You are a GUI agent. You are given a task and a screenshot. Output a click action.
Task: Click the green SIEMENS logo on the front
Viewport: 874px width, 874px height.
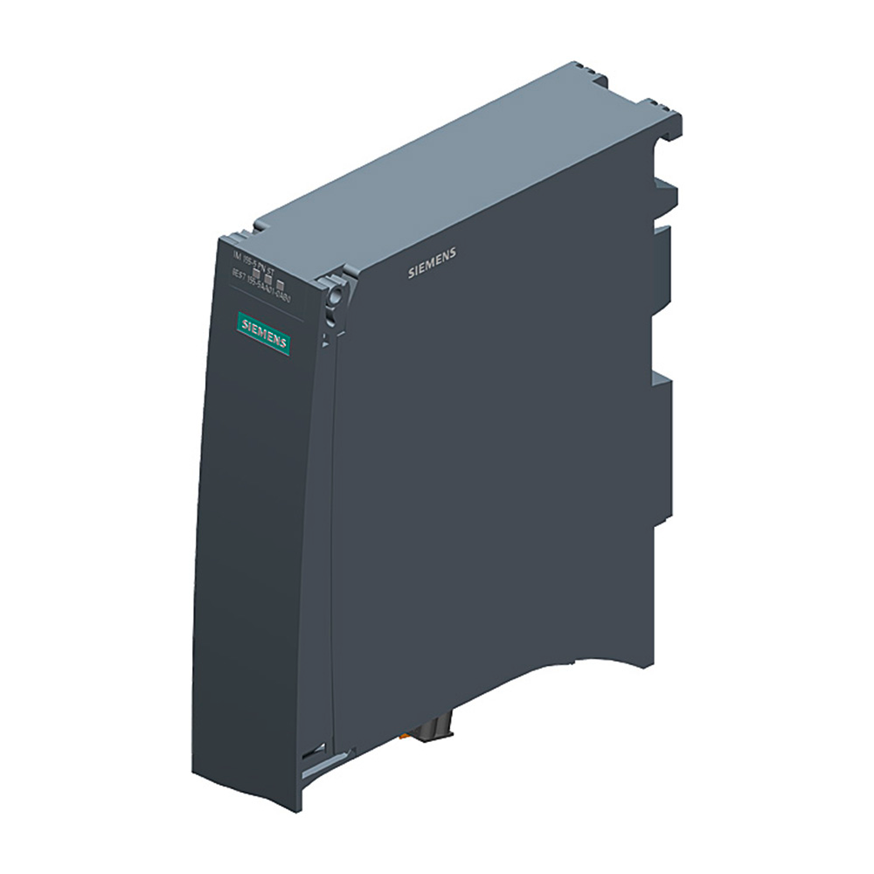coord(264,334)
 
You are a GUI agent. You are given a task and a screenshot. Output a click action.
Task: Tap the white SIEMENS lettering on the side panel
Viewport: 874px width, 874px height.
coord(432,263)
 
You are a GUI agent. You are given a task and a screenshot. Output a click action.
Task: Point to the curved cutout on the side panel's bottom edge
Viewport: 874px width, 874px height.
coord(568,664)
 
